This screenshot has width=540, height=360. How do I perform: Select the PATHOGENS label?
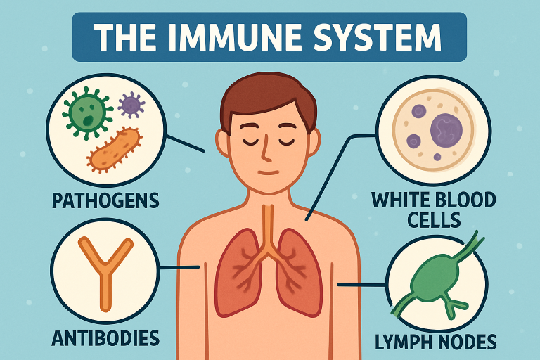coord(105,201)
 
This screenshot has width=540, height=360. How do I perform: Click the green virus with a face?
coord(86,113)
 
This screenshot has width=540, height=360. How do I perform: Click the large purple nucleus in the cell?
coord(445,130)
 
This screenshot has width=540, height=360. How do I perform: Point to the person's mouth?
coord(269,172)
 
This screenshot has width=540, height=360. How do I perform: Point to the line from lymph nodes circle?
coord(361,285)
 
